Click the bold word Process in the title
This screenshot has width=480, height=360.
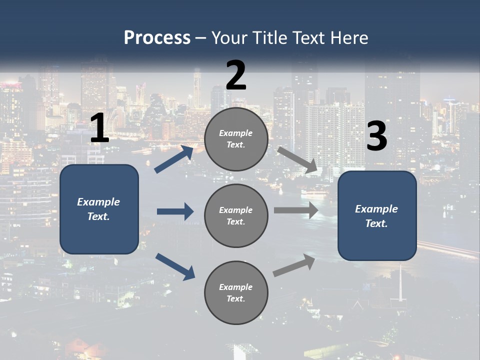pos(157,38)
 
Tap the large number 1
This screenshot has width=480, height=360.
pos(99,128)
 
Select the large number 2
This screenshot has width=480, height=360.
pos(236,75)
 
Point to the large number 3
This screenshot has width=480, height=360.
pos(376,136)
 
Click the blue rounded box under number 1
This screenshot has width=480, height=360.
pos(99,209)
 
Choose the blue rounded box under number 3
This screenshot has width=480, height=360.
pos(377,215)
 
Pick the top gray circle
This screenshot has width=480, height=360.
pos(236,139)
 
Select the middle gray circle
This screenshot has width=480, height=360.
pos(236,215)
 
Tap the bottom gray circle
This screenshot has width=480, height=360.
pos(236,292)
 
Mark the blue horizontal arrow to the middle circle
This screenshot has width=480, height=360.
pos(175,211)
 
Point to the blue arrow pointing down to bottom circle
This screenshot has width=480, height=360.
pos(175,266)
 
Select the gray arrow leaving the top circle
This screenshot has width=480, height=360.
pos(297,160)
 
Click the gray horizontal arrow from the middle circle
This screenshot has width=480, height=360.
pos(296,210)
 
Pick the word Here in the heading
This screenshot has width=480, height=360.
pos(350,38)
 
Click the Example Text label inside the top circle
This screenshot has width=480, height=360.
pos(236,139)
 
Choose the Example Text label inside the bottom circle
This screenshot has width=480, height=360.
pos(236,292)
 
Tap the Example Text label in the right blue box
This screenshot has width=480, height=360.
pos(376,216)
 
